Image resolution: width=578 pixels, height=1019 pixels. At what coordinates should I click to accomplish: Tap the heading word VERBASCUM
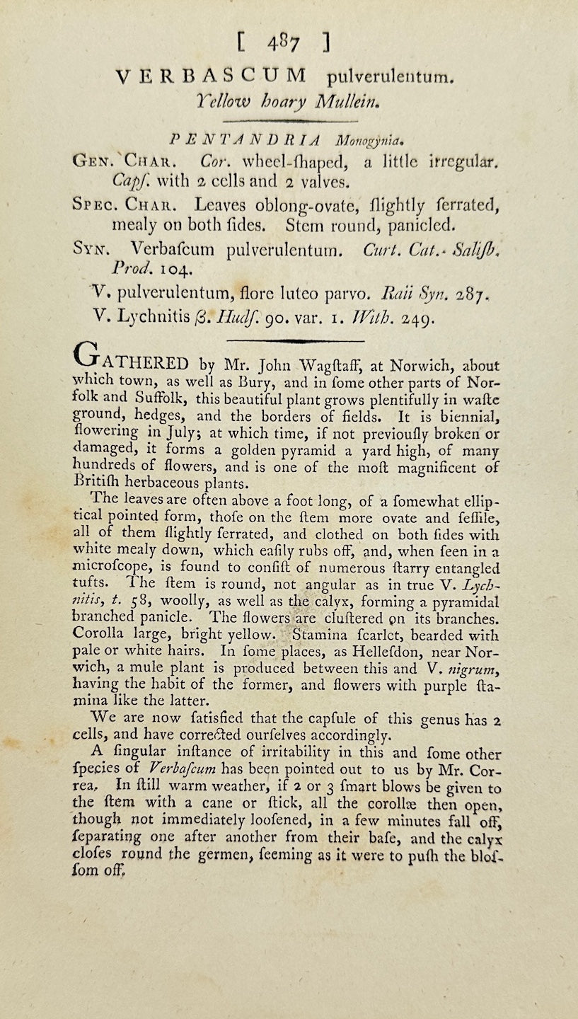coord(210,76)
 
